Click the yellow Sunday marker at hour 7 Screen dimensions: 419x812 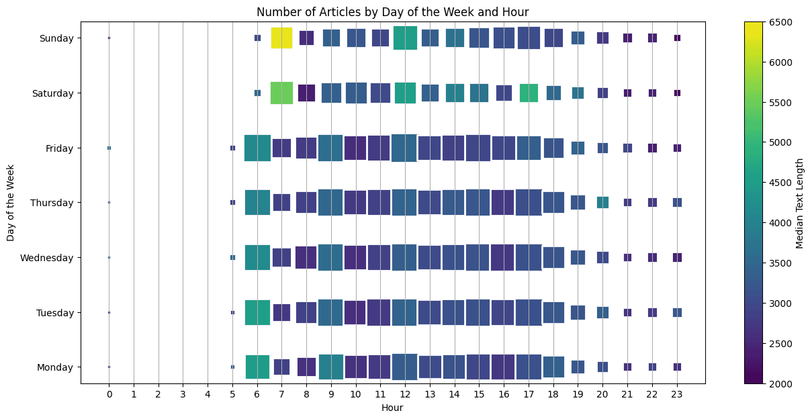[x=281, y=38]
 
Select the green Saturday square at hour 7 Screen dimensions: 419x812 [x=281, y=93]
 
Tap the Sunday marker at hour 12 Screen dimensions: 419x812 [x=405, y=38]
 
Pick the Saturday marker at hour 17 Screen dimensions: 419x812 [x=529, y=93]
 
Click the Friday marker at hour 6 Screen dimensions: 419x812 [x=257, y=148]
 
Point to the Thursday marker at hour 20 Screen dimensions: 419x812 [x=602, y=202]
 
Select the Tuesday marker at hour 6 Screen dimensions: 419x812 [x=257, y=312]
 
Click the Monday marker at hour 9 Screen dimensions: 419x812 [x=331, y=367]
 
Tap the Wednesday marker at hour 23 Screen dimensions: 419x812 [x=677, y=257]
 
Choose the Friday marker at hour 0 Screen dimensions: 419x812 [x=109, y=148]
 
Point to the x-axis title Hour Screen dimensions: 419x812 [x=392, y=408]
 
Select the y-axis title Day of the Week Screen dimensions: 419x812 [x=11, y=203]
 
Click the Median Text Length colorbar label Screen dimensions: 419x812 [x=800, y=203]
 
